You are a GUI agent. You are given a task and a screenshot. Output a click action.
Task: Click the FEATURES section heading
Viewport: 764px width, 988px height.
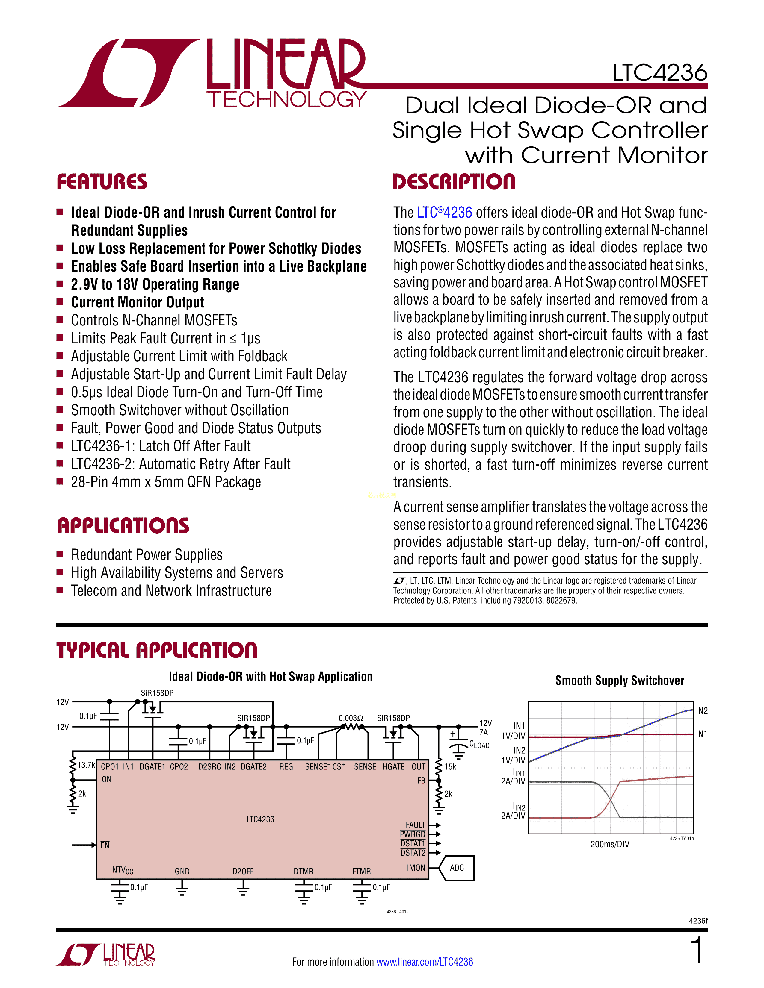click(x=102, y=182)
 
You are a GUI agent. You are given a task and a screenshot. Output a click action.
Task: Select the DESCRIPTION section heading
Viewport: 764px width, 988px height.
click(x=454, y=182)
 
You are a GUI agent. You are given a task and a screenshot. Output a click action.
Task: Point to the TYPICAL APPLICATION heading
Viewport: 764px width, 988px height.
click(x=157, y=650)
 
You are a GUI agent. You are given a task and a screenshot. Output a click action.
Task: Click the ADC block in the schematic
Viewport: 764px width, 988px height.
click(x=457, y=868)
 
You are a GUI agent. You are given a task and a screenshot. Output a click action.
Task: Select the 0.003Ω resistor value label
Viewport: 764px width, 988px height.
click(x=351, y=718)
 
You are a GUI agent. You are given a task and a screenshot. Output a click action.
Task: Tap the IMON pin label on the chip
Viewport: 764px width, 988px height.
click(x=416, y=868)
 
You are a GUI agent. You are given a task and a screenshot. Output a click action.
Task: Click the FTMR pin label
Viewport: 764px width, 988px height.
click(x=362, y=871)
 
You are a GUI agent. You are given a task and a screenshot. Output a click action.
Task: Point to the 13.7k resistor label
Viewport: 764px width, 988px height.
click(x=86, y=765)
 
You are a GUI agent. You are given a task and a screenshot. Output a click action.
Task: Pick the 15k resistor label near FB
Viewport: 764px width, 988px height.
click(x=450, y=767)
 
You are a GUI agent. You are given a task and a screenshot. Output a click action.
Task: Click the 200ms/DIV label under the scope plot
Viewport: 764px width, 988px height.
click(x=610, y=844)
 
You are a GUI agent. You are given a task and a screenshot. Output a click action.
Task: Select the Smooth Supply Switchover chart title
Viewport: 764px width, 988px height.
click(x=620, y=681)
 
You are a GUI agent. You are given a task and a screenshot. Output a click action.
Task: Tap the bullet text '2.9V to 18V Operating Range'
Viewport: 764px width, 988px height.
click(x=155, y=284)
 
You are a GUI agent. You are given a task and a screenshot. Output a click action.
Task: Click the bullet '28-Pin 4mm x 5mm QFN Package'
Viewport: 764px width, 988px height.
click(x=166, y=482)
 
